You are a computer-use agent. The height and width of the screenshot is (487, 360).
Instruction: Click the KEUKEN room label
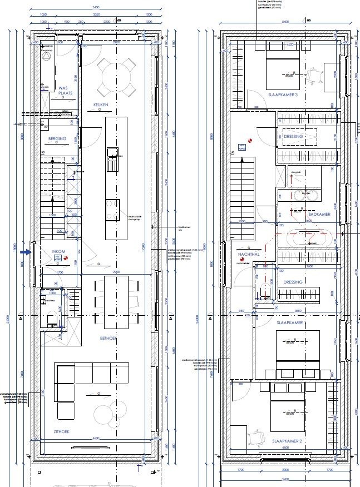tap(101, 105)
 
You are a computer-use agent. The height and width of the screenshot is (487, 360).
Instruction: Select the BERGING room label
tap(57, 138)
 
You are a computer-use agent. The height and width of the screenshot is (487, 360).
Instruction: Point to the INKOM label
tap(59, 251)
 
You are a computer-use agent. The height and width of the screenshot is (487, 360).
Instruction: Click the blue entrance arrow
tap(25, 251)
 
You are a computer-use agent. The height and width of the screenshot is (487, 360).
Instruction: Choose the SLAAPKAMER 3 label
tap(284, 95)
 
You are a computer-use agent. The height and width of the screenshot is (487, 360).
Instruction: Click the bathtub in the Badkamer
tap(311, 238)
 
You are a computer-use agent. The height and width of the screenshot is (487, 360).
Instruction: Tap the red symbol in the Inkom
tap(66, 258)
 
